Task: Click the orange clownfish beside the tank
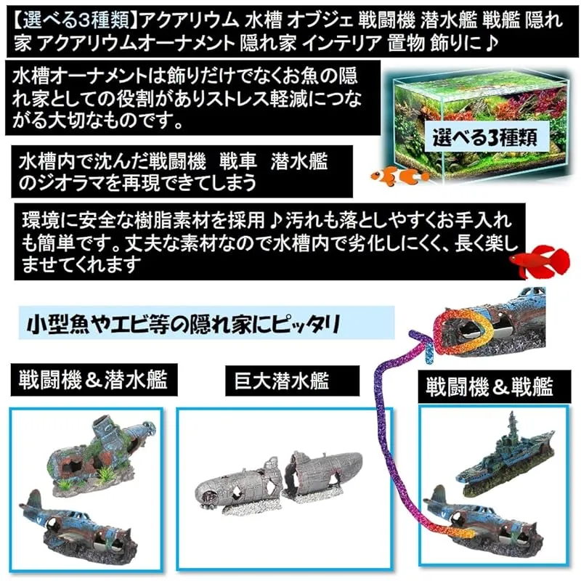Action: point(399,175)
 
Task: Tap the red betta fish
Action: point(540,261)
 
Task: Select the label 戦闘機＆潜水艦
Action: point(94,379)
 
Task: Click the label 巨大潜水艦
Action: point(292,381)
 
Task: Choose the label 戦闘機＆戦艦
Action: point(489,387)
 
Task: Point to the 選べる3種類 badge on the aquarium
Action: point(485,137)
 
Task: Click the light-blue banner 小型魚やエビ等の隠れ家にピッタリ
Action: point(206,323)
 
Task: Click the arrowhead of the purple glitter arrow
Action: point(426,341)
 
